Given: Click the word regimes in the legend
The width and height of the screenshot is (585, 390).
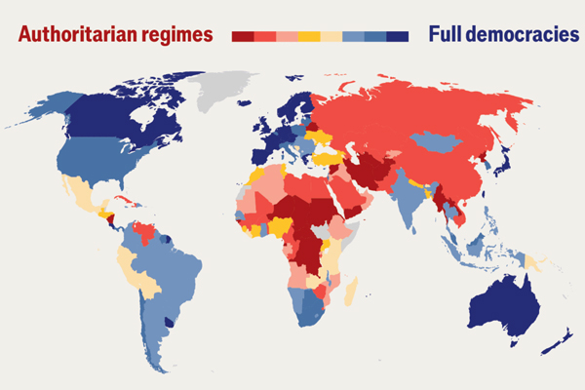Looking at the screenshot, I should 180,36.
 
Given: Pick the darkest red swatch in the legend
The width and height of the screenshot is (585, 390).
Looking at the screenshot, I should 243,36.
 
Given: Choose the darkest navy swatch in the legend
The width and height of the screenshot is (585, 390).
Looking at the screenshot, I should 397,36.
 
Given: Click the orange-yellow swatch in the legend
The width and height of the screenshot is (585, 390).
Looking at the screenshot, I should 308,36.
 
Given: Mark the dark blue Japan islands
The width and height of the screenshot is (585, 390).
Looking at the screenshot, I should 504,161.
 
